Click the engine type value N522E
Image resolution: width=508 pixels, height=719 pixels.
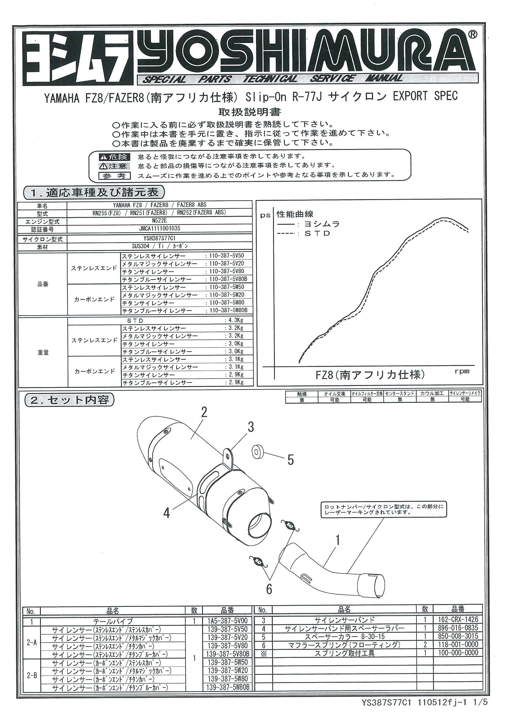159,220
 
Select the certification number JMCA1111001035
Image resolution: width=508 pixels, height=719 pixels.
160,228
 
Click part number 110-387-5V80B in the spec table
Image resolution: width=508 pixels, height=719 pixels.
229,279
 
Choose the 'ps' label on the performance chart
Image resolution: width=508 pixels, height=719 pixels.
265,215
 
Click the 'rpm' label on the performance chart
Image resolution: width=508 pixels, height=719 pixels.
462,371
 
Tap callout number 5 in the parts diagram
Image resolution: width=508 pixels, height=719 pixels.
291,460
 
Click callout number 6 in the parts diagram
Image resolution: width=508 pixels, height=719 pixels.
269,590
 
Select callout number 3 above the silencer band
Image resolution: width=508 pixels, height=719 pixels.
251,427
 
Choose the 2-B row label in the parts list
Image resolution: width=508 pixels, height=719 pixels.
32,675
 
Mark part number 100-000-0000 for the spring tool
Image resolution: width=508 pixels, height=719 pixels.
458,653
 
